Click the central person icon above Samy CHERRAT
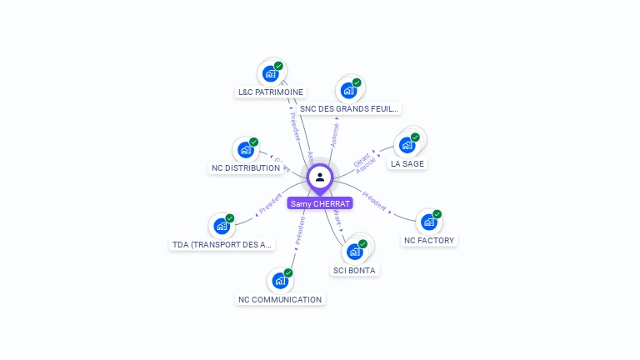(x=320, y=177)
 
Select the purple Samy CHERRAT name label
(x=320, y=203)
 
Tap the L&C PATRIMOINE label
(x=271, y=92)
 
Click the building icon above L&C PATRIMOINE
(x=271, y=73)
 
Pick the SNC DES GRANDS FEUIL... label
(x=349, y=108)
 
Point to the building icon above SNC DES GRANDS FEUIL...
(x=348, y=90)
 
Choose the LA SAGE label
(x=407, y=163)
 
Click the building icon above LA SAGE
(x=407, y=145)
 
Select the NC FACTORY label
(x=429, y=240)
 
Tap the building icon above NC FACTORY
(x=428, y=222)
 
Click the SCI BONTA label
(x=354, y=270)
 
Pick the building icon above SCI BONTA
(x=355, y=252)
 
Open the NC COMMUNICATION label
(x=280, y=299)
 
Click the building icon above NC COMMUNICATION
(x=280, y=281)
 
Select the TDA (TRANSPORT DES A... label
(x=222, y=244)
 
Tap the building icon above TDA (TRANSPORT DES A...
(x=222, y=226)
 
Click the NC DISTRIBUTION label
(x=246, y=167)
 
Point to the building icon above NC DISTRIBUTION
(x=246, y=150)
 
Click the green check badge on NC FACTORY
(x=437, y=214)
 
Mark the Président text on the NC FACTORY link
(x=374, y=202)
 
